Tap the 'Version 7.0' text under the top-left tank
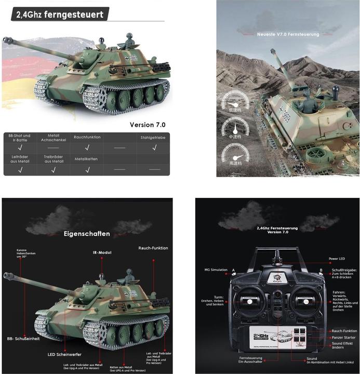point(147,125)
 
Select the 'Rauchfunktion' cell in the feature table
point(87,137)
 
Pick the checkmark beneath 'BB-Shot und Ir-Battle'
point(20,148)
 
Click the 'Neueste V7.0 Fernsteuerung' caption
point(289,35)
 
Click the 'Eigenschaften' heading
point(87,234)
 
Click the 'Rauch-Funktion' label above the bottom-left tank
point(153,248)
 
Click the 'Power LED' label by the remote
point(337,258)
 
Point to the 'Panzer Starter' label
point(343,338)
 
